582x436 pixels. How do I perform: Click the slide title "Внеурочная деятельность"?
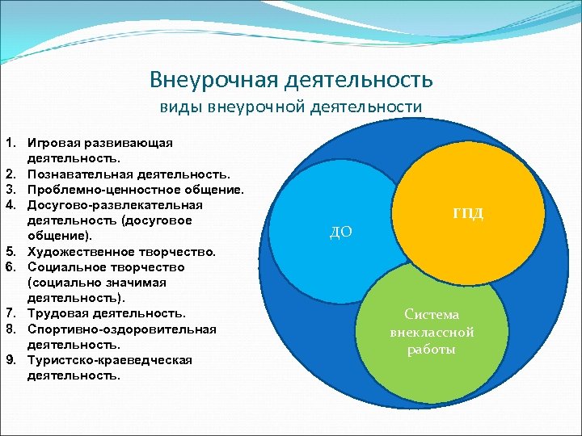(291, 80)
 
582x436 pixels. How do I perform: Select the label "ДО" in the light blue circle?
(341, 232)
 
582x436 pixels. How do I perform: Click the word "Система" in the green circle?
(432, 315)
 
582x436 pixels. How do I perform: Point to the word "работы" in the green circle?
(432, 350)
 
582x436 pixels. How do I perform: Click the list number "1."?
(12, 143)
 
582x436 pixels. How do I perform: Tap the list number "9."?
(12, 360)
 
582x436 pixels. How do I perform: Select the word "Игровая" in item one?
(53, 143)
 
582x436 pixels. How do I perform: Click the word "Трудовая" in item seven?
(57, 313)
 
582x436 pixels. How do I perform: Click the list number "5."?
(12, 251)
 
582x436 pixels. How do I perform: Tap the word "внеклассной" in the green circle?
(432, 333)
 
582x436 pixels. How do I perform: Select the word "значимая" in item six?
(145, 283)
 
